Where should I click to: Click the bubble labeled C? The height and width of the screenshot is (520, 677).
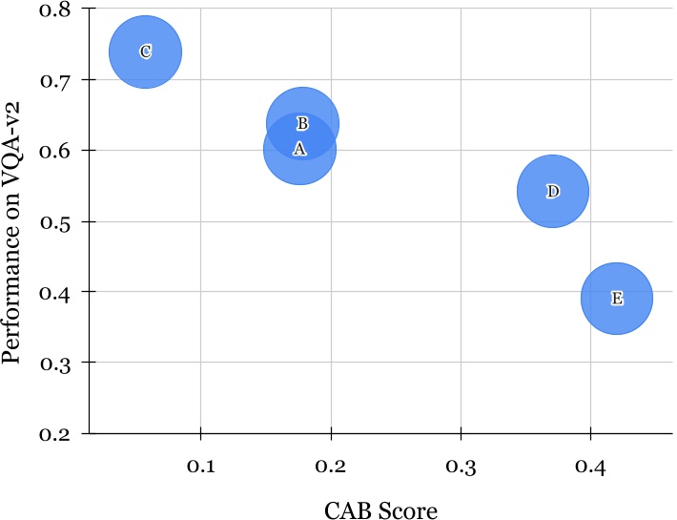click(x=145, y=52)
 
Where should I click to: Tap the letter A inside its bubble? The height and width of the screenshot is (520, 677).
click(x=299, y=150)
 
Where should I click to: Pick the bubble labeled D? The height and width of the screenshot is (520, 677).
click(x=552, y=192)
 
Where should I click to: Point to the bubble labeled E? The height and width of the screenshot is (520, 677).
click(x=616, y=299)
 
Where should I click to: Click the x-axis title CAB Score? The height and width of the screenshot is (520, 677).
click(x=380, y=511)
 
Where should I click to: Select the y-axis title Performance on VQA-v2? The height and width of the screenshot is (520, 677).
click(x=12, y=220)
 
